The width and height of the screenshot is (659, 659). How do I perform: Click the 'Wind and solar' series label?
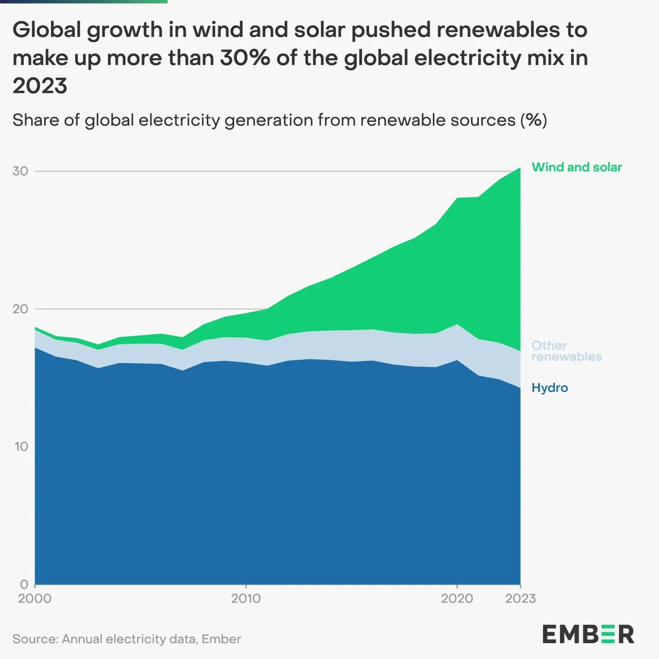tap(576, 167)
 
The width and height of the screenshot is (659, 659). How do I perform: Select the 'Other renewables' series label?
tap(566, 351)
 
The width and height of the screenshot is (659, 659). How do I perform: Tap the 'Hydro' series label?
tap(550, 388)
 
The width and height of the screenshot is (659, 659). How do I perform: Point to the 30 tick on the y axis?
tap(20, 171)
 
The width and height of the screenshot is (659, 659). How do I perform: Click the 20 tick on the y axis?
tap(20, 309)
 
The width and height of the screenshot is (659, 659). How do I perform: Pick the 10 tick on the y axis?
tap(21, 447)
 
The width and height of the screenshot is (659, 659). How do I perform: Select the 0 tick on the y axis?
tap(24, 584)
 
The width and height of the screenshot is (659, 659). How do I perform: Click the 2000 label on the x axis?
tap(35, 599)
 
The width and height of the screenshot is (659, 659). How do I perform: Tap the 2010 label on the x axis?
tap(246, 599)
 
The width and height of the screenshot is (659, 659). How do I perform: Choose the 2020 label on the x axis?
tap(457, 599)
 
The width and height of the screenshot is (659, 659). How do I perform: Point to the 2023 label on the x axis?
tap(521, 599)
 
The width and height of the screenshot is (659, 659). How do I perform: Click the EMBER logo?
tap(588, 634)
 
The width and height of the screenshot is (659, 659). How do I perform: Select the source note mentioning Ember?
tap(127, 639)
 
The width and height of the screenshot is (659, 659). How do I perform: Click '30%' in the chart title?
tap(245, 58)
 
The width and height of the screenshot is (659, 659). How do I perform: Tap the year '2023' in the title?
tap(40, 86)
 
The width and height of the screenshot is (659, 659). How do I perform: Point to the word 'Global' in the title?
tap(47, 30)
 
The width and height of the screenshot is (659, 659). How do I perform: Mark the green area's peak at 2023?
tap(520, 168)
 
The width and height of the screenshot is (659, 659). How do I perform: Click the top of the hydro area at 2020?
tap(457, 361)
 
